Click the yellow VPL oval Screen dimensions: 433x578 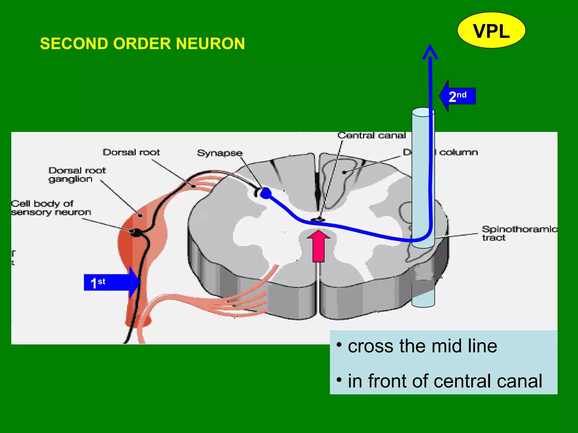(491, 30)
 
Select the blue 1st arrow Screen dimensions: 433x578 (111, 282)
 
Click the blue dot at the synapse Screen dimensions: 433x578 (266, 193)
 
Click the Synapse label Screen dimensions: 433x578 (220, 153)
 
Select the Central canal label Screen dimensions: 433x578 (371, 136)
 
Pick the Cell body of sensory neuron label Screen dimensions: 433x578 (51, 208)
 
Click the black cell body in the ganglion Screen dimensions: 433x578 (136, 232)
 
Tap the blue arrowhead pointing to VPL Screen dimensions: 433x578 (430, 52)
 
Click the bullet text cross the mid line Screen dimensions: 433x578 (422, 346)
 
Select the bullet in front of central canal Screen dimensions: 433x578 (445, 381)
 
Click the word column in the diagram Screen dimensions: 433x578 (459, 153)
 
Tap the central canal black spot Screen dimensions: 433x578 (318, 220)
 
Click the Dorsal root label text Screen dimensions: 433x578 (131, 153)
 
